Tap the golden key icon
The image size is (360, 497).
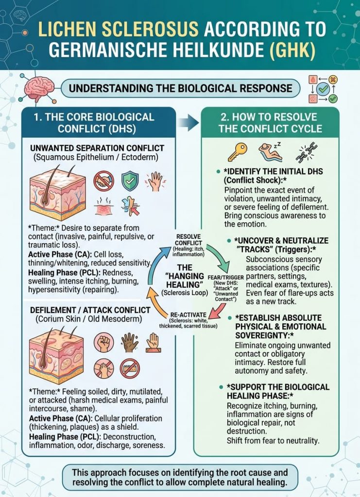[238, 152]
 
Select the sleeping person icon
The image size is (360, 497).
[270, 151]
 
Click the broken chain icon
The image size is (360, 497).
[307, 152]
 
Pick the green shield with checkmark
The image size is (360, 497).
[130, 181]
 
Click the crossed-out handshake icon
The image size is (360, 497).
[103, 182]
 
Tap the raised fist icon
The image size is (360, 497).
[103, 343]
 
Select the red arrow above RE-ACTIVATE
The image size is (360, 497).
[218, 311]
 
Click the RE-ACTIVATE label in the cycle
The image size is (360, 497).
[189, 315]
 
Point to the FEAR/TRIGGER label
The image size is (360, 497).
[225, 277]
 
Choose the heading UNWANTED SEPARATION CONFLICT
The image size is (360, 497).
[97, 149]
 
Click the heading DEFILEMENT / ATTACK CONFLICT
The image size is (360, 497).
[90, 310]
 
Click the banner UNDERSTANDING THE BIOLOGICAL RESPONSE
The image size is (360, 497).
[181, 88]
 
